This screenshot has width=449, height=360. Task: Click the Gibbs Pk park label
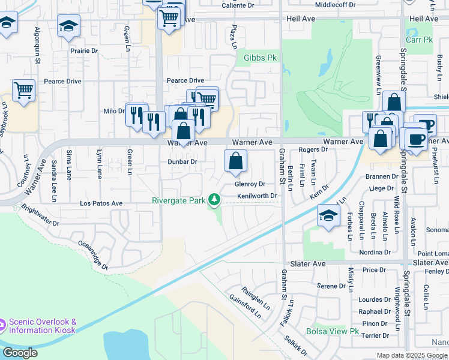tap(260, 58)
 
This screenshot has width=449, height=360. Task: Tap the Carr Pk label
tap(419, 40)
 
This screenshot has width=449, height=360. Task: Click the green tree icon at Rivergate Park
tap(213, 200)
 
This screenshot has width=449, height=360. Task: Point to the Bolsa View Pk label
tap(332, 331)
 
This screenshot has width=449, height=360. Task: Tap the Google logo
tap(20, 353)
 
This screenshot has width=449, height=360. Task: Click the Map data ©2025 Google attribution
tap(412, 355)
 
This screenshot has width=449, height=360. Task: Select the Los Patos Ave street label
tap(101, 204)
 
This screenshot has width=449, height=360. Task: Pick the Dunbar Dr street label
tap(182, 162)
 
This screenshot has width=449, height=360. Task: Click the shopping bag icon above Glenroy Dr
tap(236, 160)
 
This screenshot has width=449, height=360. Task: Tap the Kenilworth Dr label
tap(257, 196)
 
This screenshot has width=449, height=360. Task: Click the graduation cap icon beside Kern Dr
tap(328, 216)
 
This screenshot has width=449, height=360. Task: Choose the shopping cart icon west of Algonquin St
tap(23, 91)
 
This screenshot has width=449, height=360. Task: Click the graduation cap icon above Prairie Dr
tap(68, 26)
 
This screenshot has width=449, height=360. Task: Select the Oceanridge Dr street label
tap(92, 255)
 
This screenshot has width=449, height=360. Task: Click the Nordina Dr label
tap(376, 253)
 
